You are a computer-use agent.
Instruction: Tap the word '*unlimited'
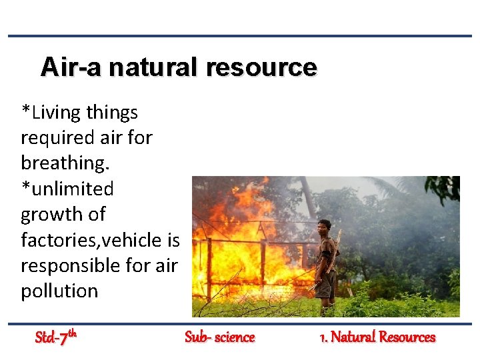pyautogui.click(x=67, y=189)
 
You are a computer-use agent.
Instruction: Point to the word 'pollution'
pyautogui.click(x=59, y=291)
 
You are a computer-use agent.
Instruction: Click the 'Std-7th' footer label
pyautogui.click(x=57, y=337)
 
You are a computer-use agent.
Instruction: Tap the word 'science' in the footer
pyautogui.click(x=233, y=337)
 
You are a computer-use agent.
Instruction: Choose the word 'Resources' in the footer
pyautogui.click(x=406, y=337)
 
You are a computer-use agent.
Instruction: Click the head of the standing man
pyautogui.click(x=325, y=226)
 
